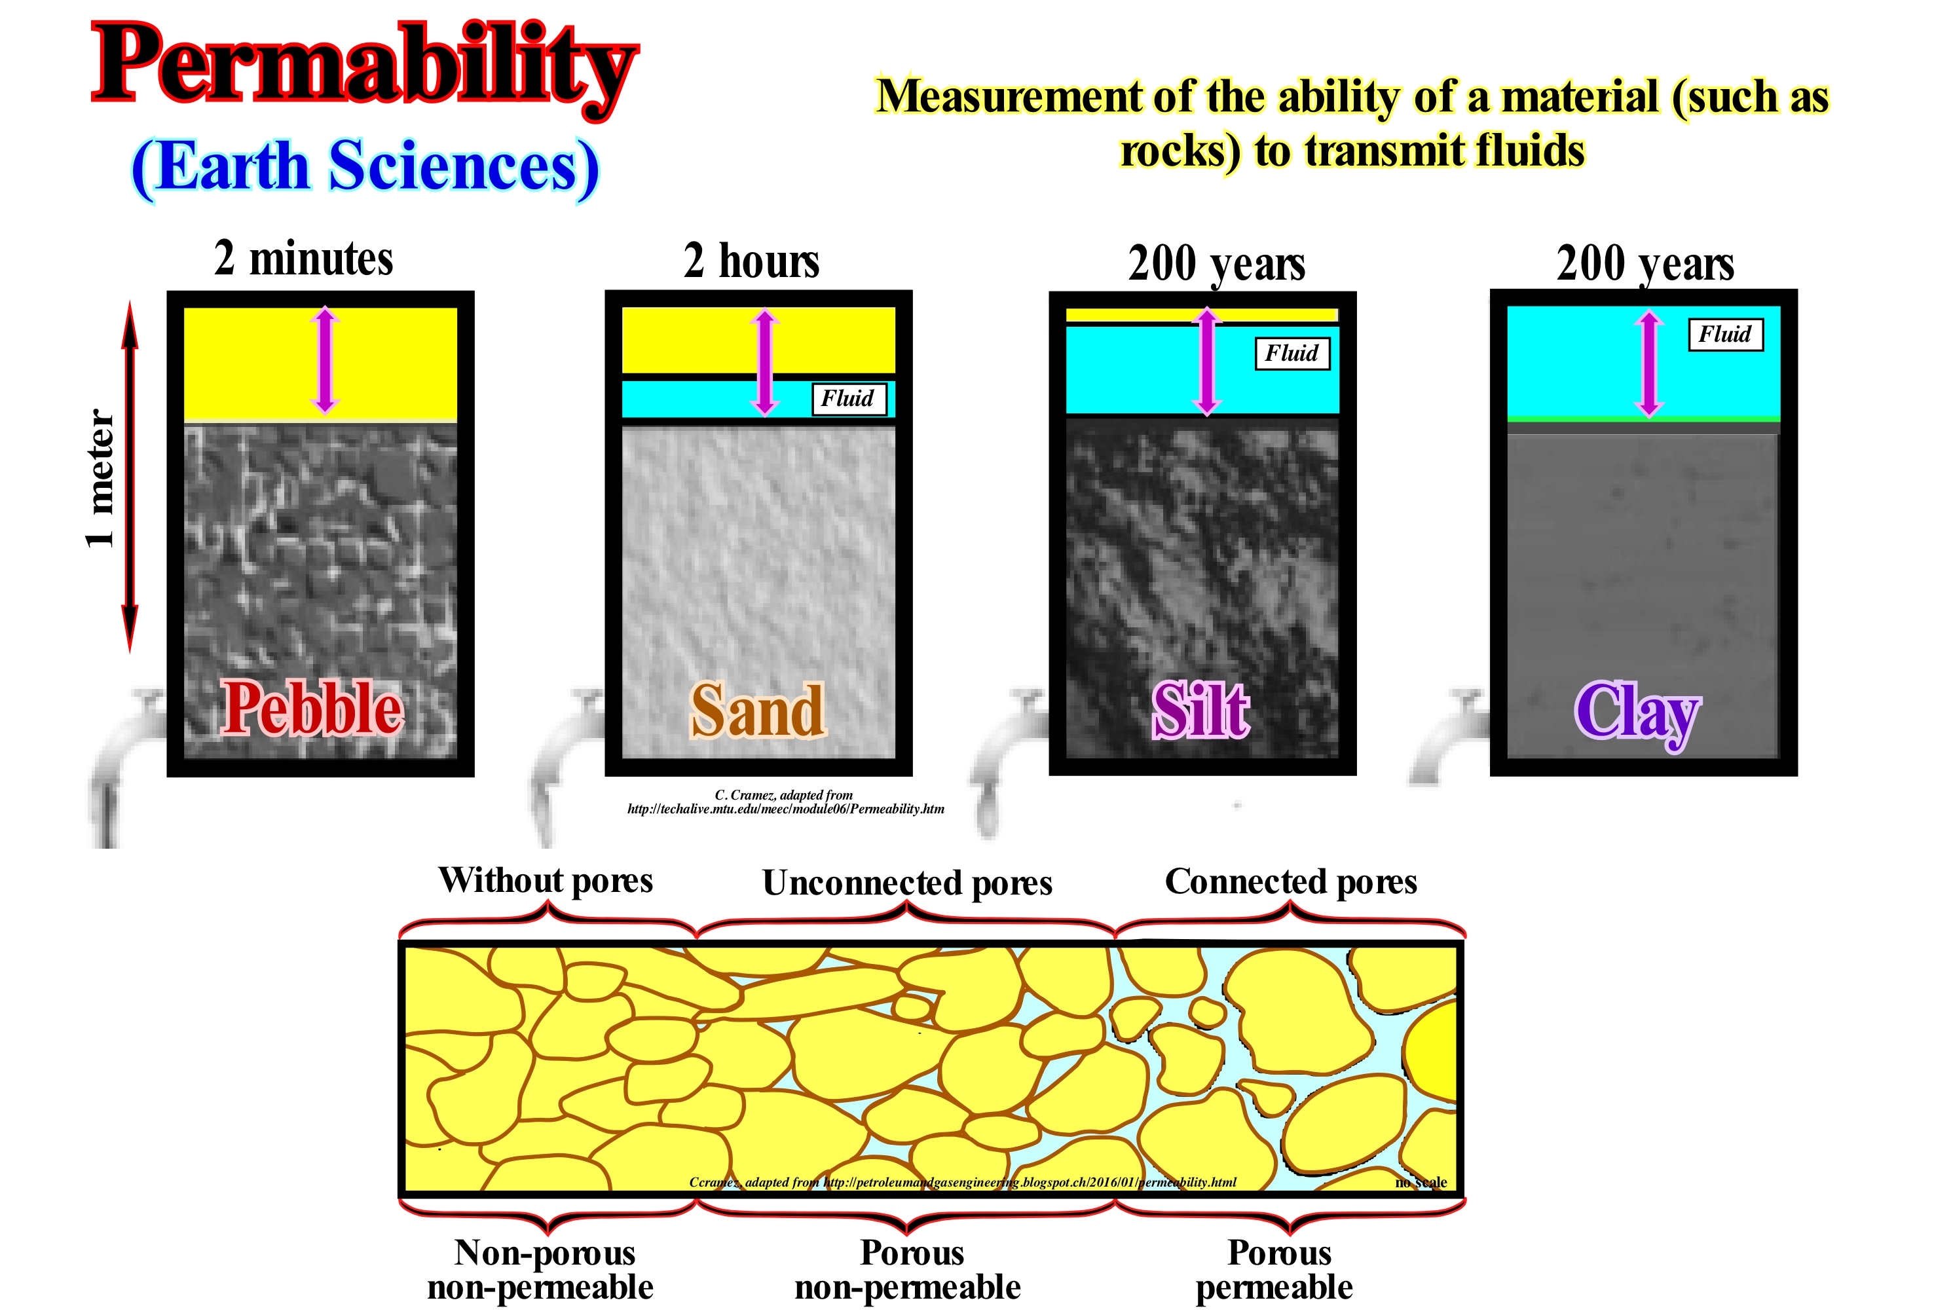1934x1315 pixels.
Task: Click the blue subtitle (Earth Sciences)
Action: pyautogui.click(x=365, y=168)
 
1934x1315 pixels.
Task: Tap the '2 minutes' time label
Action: pyautogui.click(x=304, y=258)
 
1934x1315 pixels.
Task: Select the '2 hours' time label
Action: pyautogui.click(x=751, y=261)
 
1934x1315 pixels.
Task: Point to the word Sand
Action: pyautogui.click(x=758, y=710)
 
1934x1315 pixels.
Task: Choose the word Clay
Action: pyautogui.click(x=1637, y=713)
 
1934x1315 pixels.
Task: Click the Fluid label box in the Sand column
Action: pyautogui.click(x=849, y=399)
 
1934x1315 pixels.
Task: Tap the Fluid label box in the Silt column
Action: pyautogui.click(x=1292, y=353)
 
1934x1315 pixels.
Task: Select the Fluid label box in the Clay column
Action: pyautogui.click(x=1726, y=335)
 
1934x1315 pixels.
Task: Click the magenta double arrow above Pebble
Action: pyautogui.click(x=325, y=360)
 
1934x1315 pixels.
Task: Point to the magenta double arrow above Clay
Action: pyautogui.click(x=1648, y=363)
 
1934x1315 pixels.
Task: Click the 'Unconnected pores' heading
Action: pyautogui.click(x=907, y=882)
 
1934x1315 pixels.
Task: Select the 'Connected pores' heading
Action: pyautogui.click(x=1291, y=881)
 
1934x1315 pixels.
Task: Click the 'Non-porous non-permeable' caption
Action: pyautogui.click(x=541, y=1269)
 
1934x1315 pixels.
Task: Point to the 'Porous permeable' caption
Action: pyautogui.click(x=1276, y=1269)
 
